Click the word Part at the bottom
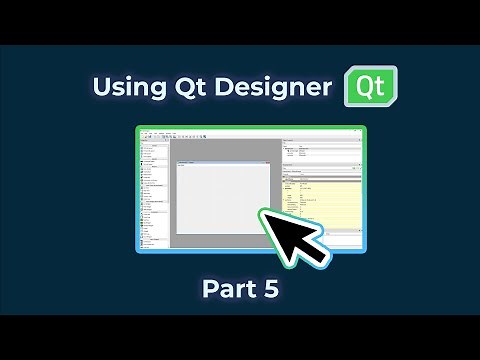click(x=227, y=289)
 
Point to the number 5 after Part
click(x=270, y=289)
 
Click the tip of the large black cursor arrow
click(x=263, y=211)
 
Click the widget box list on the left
click(x=154, y=195)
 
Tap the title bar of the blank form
click(x=222, y=164)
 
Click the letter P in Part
click(x=209, y=289)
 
